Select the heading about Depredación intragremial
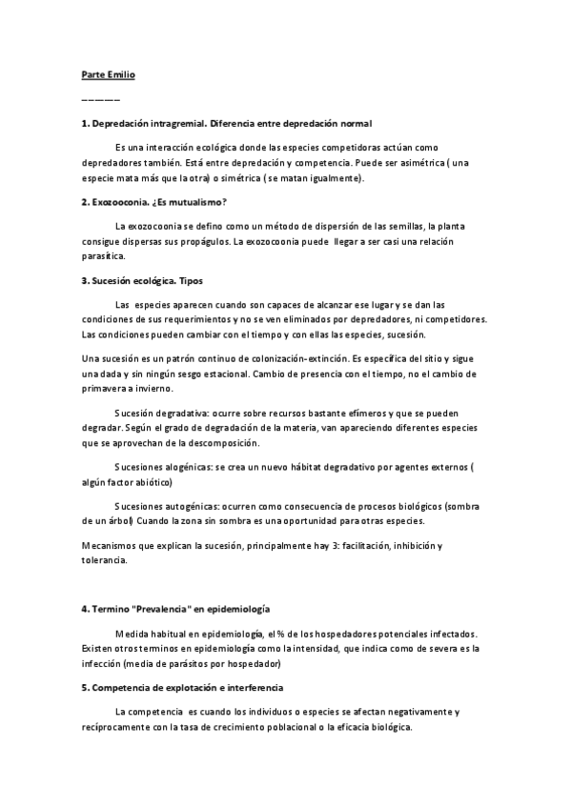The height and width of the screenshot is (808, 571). tap(226, 125)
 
